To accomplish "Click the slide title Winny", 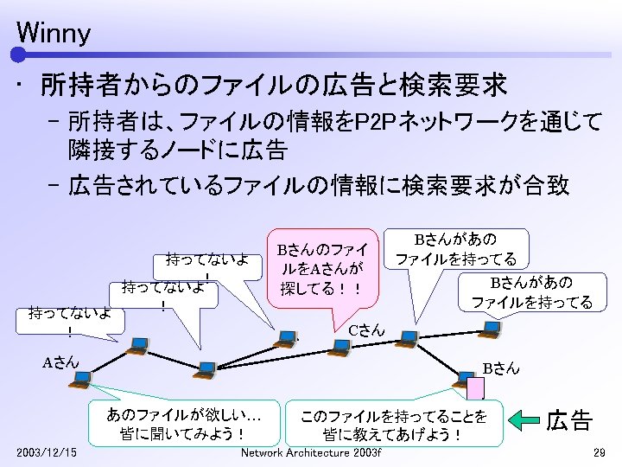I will coord(53,34).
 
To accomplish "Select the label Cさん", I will coord(366,329).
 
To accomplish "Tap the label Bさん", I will coord(501,368).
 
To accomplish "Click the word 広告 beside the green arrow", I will coord(569,421).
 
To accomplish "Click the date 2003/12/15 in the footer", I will coord(46,453).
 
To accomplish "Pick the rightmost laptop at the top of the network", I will coord(491,328).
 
